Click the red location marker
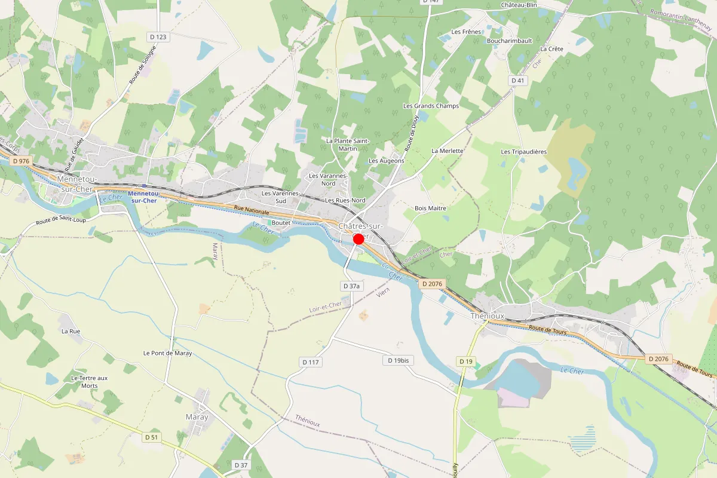358,239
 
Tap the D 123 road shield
158,37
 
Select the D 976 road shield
20,161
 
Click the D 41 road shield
517,80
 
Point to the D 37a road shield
351,286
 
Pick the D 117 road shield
311,362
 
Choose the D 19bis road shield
399,360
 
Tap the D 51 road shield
152,437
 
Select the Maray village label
197,417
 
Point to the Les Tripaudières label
523,152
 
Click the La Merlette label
447,151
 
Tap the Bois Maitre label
430,208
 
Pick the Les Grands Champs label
431,106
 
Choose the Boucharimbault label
509,41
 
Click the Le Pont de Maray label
167,353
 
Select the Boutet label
281,222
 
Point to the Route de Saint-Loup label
62,221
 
